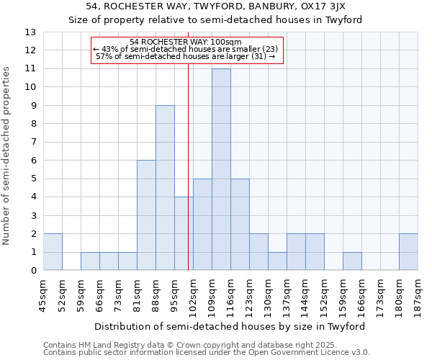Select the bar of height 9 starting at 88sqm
pos(165,188)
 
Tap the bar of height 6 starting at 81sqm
pos(146,215)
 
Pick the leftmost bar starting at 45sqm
pos(53,252)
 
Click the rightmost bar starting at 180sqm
pos(408,252)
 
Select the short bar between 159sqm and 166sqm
pos(352,261)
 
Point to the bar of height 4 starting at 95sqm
pos(184,233)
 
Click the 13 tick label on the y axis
pos(30,32)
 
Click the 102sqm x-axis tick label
pos(194,294)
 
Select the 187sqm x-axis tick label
pos(418,294)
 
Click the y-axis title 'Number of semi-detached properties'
pos(7,156)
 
